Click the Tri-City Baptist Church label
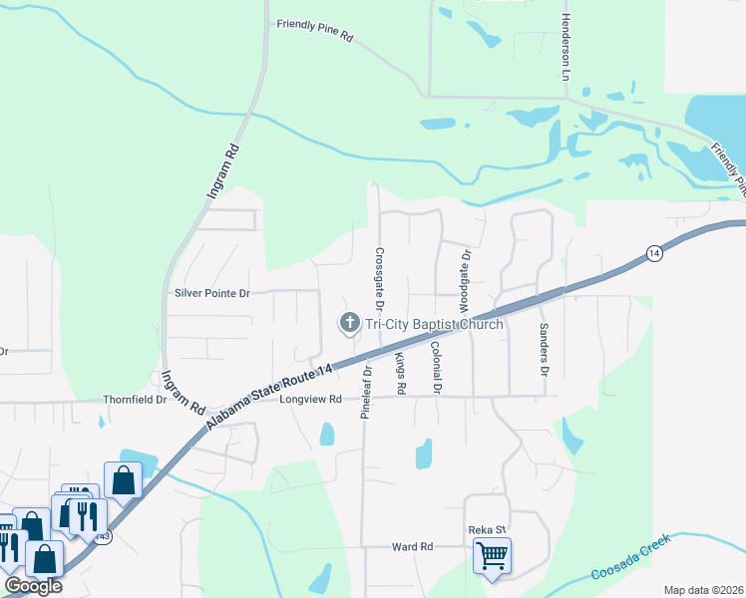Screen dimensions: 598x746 (x=434, y=324)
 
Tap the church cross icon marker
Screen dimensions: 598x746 (x=349, y=323)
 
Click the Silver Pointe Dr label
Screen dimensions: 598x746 (x=211, y=293)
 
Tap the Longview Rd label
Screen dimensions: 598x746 (x=310, y=399)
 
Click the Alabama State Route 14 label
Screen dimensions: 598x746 (x=269, y=397)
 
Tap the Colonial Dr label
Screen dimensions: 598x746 (x=436, y=366)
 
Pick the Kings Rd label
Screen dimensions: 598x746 (x=401, y=371)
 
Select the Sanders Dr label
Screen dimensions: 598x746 (x=545, y=349)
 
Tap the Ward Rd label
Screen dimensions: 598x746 (x=412, y=547)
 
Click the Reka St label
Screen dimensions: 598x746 (x=488, y=530)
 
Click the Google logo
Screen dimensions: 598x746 (x=33, y=586)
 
